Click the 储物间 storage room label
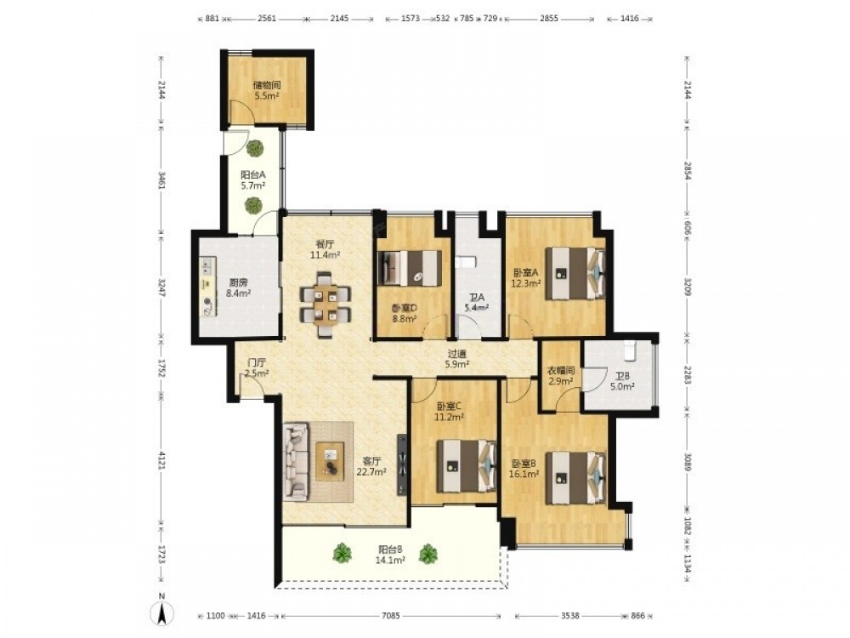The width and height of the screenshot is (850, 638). (x=267, y=85)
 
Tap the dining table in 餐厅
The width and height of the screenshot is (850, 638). (x=326, y=305)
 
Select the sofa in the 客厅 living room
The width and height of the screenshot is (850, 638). (x=296, y=461)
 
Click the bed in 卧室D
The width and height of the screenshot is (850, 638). (x=410, y=268)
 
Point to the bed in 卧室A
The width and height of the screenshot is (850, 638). (x=575, y=273)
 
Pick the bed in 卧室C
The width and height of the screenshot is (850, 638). (x=466, y=466)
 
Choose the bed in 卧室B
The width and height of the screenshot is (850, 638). (x=575, y=478)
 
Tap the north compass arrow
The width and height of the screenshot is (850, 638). (x=161, y=613)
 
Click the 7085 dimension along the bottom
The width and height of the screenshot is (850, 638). (x=391, y=616)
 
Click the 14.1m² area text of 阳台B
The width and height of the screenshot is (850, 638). (x=390, y=561)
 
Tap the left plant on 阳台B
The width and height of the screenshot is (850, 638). (x=342, y=553)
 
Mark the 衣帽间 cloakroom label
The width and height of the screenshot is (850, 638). (x=560, y=371)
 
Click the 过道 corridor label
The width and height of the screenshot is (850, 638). (x=456, y=355)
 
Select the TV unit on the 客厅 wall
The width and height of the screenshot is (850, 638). (x=402, y=464)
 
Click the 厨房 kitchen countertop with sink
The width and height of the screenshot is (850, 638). (x=207, y=288)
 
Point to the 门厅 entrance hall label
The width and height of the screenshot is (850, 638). (x=257, y=363)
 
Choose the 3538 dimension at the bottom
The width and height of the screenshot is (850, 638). (x=570, y=616)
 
